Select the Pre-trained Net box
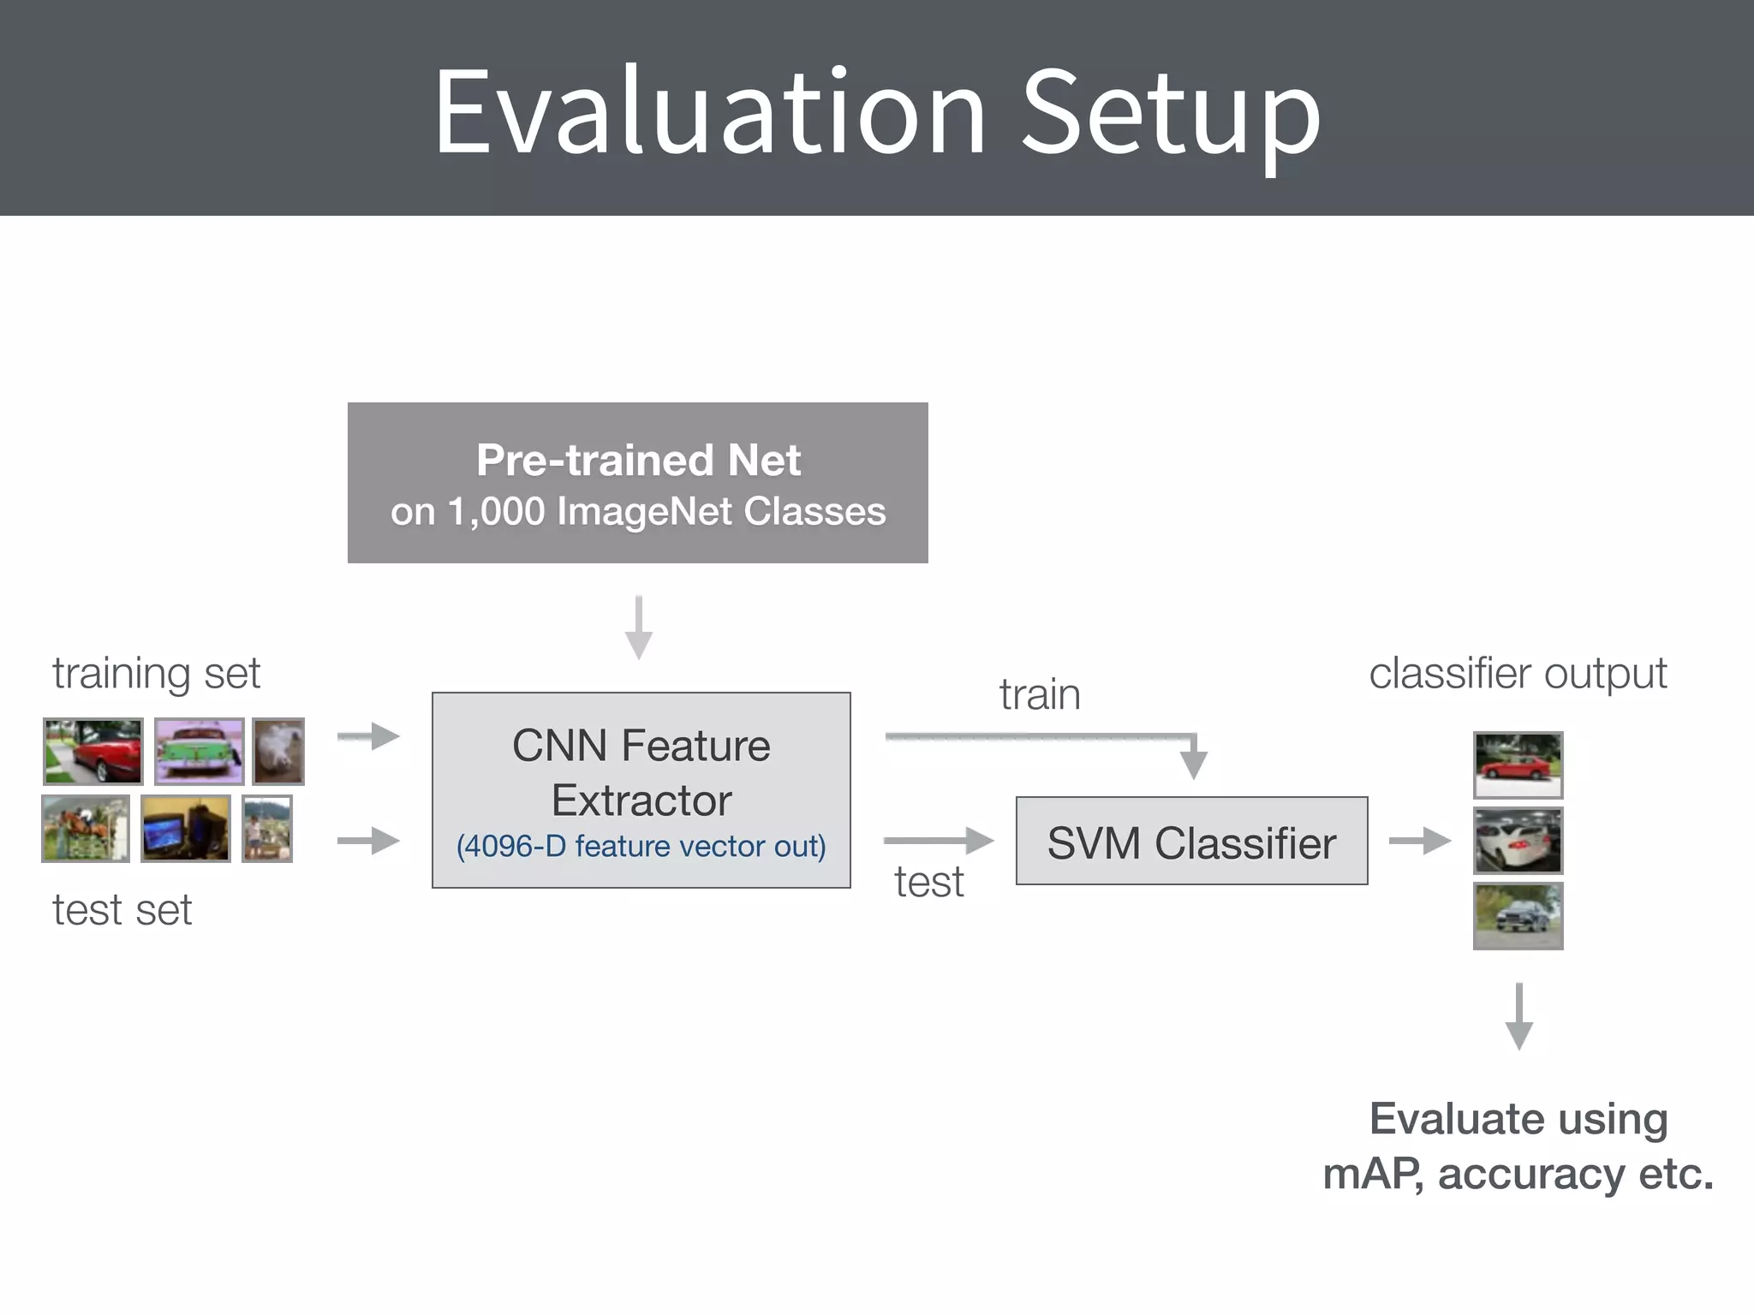637,482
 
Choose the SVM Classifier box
1190,841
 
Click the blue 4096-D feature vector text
641,846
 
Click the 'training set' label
156,673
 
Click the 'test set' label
122,909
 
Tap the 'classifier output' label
1518,673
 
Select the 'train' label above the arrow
1039,693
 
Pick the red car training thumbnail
93,751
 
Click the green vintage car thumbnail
199,751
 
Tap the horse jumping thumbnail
86,828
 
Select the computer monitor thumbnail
185,828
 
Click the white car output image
1518,840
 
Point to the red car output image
1518,765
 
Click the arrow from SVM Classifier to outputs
1419,841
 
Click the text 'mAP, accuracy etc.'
1518,1173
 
